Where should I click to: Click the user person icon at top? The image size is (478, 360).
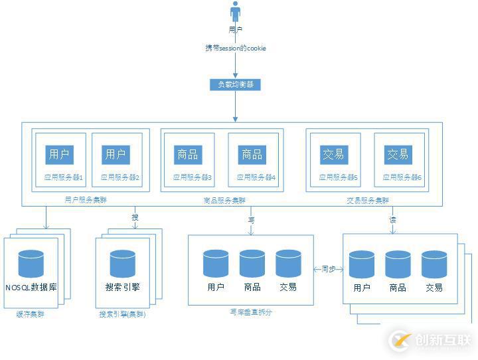coord(235,12)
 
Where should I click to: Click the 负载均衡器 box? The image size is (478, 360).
coord(235,84)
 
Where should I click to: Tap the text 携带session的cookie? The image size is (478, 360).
coord(236,48)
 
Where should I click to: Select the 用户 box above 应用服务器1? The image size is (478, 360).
coord(59,154)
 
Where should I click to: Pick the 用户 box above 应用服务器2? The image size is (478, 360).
coord(116,154)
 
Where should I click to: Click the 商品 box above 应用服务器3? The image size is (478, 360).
coord(188,154)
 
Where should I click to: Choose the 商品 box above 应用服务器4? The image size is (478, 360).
coord(252,154)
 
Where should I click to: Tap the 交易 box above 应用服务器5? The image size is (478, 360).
coord(333,154)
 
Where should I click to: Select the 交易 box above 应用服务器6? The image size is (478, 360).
coord(398,154)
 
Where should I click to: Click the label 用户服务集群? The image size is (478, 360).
coord(86,199)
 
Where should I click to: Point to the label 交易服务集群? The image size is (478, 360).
coord(368,200)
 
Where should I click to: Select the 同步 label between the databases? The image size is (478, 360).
coord(329,269)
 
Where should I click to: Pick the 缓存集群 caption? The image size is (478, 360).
coord(30,314)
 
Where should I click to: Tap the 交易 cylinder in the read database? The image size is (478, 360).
coord(434,264)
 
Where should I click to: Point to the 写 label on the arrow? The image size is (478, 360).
coord(252,219)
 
